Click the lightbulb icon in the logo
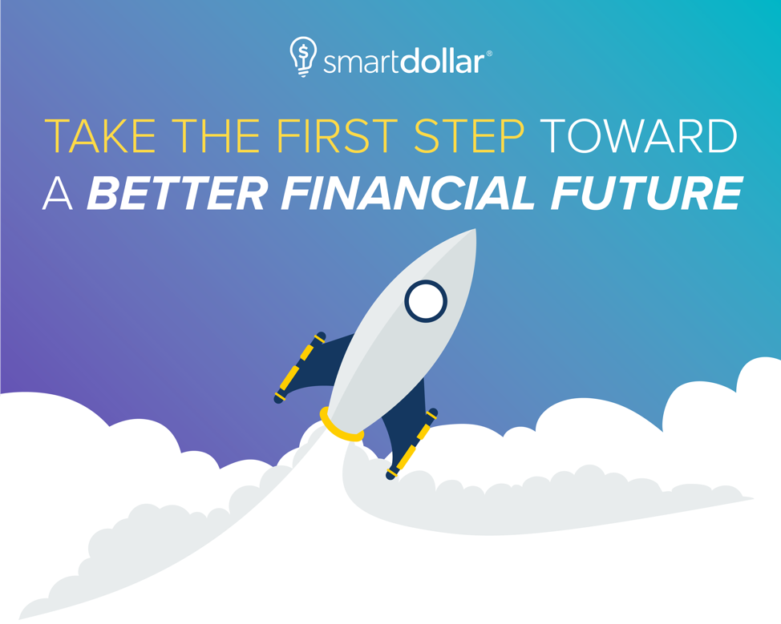tap(303, 56)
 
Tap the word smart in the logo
tap(362, 62)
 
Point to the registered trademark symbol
tap(488, 53)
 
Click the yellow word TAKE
tap(100, 136)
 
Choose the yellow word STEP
tap(469, 136)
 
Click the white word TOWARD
tap(638, 136)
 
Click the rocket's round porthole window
tap(426, 300)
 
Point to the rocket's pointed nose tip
tap(475, 229)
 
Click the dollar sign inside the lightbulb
tap(303, 52)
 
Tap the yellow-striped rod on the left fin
tap(299, 368)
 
